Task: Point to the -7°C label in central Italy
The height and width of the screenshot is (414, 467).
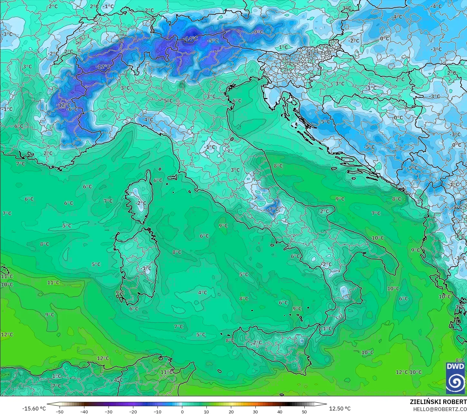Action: coord(273,209)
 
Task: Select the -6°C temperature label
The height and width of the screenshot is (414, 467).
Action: coord(73,109)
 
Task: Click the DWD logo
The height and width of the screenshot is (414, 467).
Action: coord(455,378)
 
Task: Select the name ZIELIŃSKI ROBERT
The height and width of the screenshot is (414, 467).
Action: coord(438,402)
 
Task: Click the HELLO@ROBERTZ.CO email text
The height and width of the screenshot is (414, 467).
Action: coord(440,409)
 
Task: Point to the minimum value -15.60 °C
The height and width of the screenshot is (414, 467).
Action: coord(34,409)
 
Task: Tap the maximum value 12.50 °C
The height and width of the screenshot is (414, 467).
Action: coord(340,409)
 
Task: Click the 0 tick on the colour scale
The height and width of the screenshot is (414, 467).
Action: coord(182,411)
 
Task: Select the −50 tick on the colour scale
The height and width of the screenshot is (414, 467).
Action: coord(60,411)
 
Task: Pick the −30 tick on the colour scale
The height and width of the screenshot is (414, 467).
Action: coord(109,411)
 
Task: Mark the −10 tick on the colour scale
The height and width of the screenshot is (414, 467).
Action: coord(157,411)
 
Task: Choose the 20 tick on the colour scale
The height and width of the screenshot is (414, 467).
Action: coord(231,411)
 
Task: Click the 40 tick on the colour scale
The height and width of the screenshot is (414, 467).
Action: coord(280,411)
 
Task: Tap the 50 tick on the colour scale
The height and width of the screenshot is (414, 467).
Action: coord(304,411)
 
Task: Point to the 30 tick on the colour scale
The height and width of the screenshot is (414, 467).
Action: coord(255,411)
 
